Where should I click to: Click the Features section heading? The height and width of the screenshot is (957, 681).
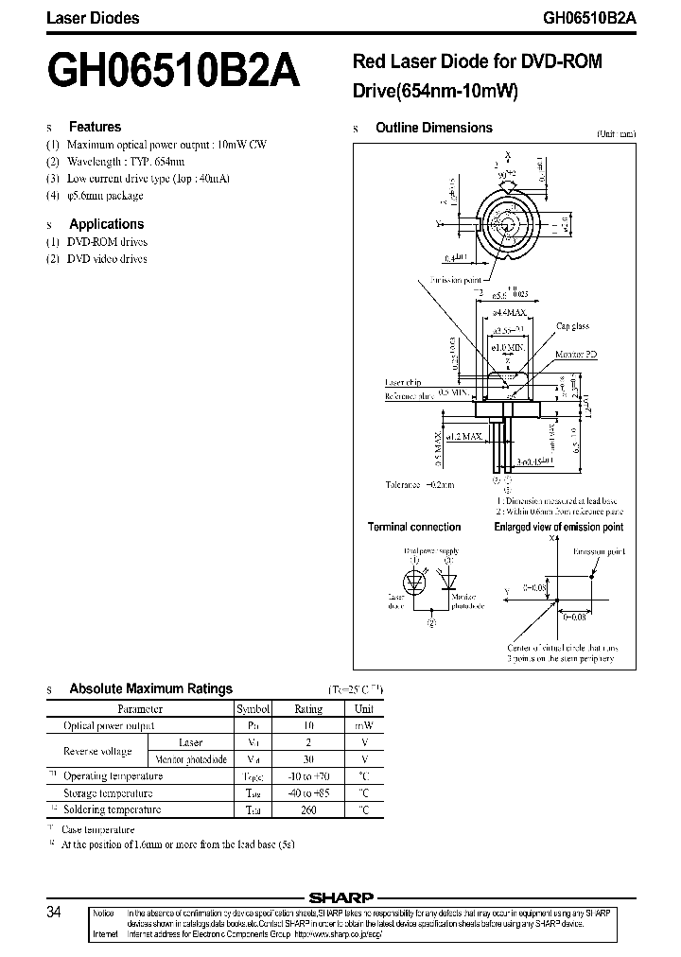pyautogui.click(x=95, y=127)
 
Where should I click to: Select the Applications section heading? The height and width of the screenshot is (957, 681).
pyautogui.click(x=106, y=224)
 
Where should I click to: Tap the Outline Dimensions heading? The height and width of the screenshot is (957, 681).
pyautogui.click(x=433, y=128)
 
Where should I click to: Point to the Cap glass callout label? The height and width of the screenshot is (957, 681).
pyautogui.click(x=572, y=326)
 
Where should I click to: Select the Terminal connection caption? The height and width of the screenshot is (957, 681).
pyautogui.click(x=414, y=527)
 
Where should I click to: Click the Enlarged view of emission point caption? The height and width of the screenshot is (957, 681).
pyautogui.click(x=559, y=527)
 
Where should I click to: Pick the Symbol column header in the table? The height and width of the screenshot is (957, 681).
pyautogui.click(x=253, y=708)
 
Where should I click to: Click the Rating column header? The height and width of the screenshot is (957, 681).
pyautogui.click(x=308, y=708)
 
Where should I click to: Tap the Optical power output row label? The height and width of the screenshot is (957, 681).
pyautogui.click(x=109, y=725)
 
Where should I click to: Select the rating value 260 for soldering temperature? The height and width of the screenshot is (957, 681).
pyautogui.click(x=308, y=809)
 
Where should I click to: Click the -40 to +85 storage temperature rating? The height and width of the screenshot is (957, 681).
pyautogui.click(x=308, y=793)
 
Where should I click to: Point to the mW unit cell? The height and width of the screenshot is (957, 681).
pyautogui.click(x=364, y=725)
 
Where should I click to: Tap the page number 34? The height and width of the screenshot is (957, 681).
pyautogui.click(x=54, y=913)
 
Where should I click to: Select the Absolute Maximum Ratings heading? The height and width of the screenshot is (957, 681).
pyautogui.click(x=150, y=688)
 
